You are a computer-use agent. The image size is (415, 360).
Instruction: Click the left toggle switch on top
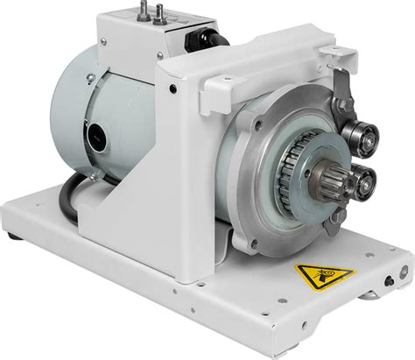tap(138, 11)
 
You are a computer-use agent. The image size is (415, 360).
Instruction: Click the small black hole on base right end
tap(390, 283)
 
